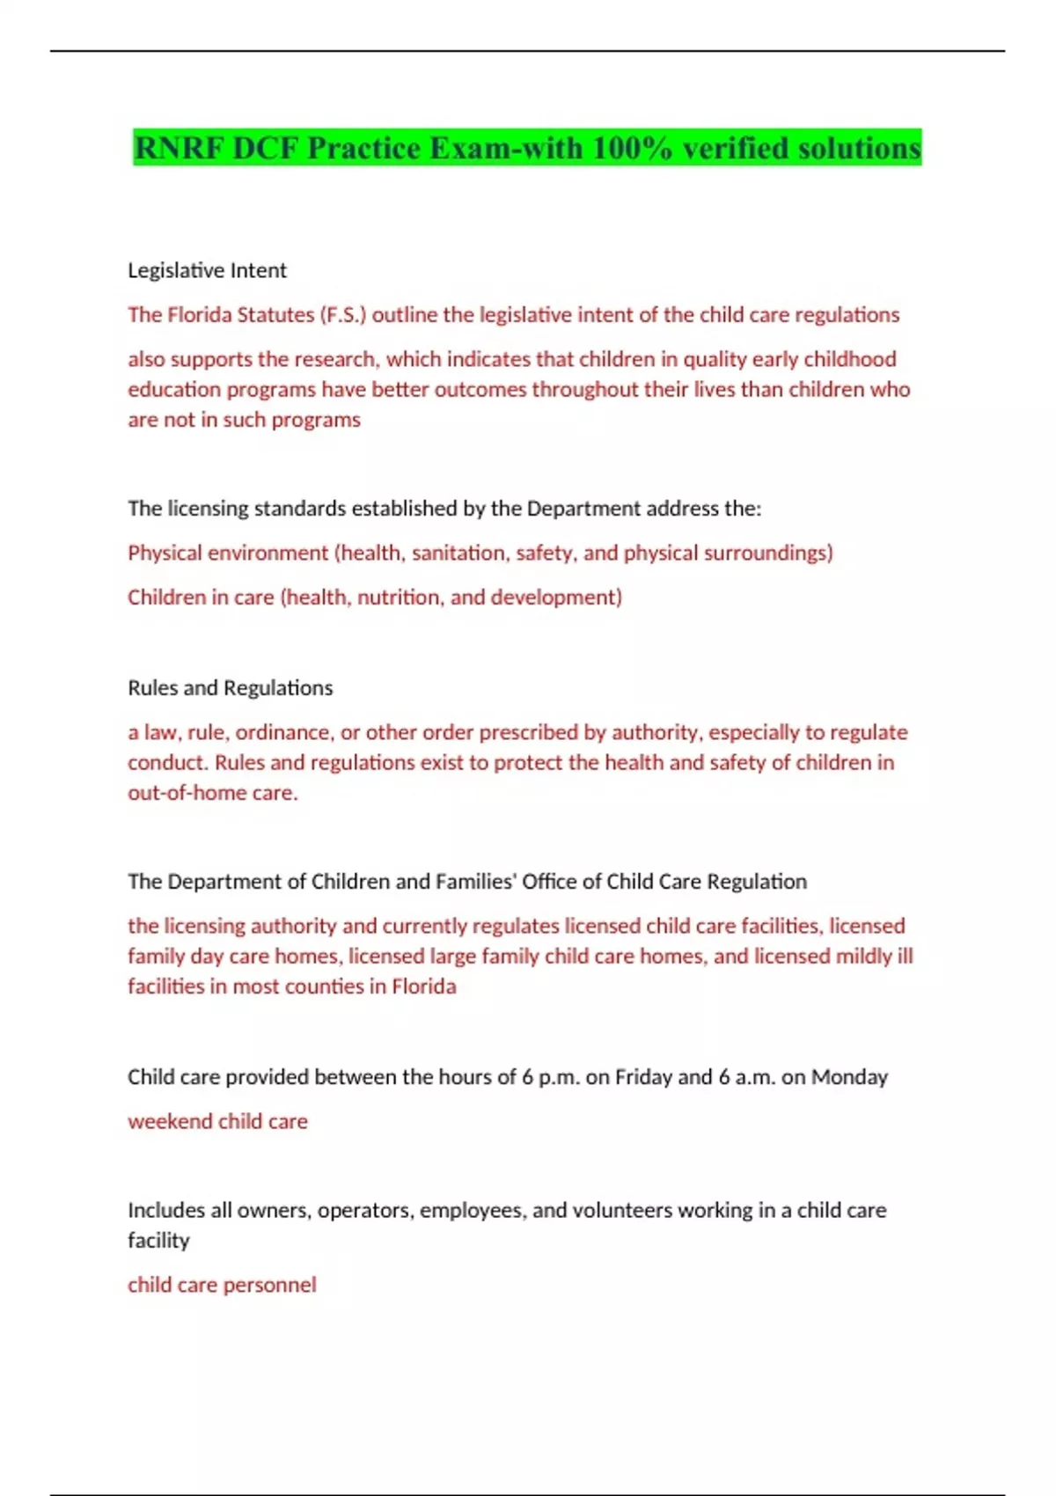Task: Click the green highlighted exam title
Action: pyautogui.click(x=527, y=148)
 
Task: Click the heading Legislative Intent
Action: pyautogui.click(x=207, y=270)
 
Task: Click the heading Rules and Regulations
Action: pyautogui.click(x=230, y=687)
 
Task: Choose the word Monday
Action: pyautogui.click(x=849, y=1077)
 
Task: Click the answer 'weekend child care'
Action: pyautogui.click(x=217, y=1122)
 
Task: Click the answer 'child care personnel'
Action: pyautogui.click(x=222, y=1285)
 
